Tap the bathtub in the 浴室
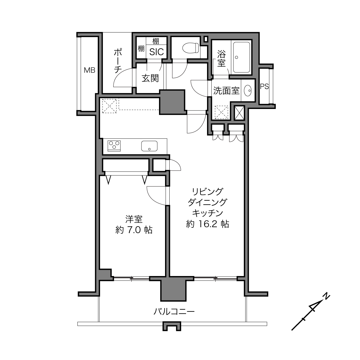pos(242,57)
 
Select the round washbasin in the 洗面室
pos(248,91)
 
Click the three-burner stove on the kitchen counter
pos(114,146)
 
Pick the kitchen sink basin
pos(149,146)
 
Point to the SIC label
pos(156,52)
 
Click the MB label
pos(89,70)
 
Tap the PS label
pos(264,86)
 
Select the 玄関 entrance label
pos(150,78)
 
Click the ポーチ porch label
pos(118,61)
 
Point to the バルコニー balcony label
pos(174,311)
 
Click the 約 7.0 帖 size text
pos(134,230)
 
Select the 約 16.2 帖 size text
pos(208,224)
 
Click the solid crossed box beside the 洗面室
pos(239,113)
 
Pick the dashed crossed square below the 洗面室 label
pos(222,112)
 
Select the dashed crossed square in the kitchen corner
pos(109,106)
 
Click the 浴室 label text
pos(221,58)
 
